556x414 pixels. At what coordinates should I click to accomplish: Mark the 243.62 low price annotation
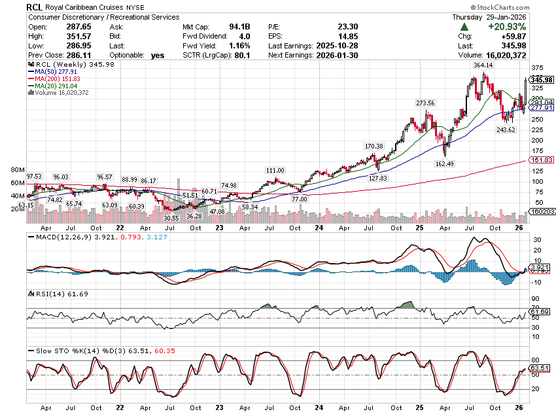[x=506, y=130]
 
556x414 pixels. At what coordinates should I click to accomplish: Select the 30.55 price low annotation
[x=171, y=218]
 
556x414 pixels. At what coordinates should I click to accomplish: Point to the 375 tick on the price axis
[x=536, y=67]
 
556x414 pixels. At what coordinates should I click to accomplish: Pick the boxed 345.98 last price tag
[x=542, y=79]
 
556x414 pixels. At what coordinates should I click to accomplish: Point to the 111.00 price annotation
[x=275, y=170]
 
